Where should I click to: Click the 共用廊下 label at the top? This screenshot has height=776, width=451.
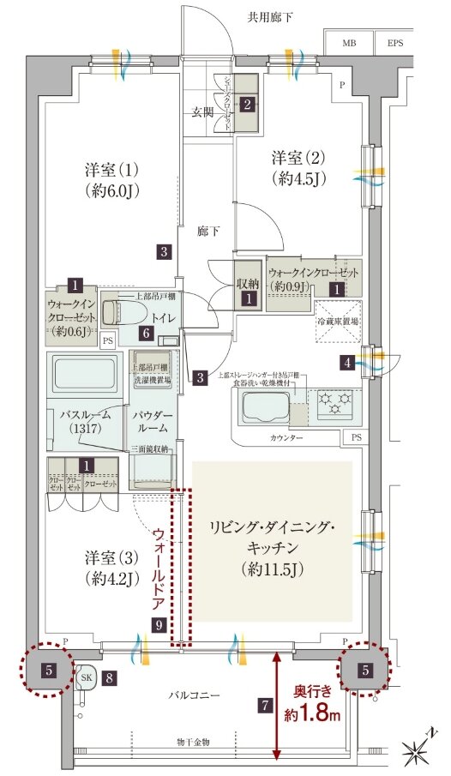tap(270, 16)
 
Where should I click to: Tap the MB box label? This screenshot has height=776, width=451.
tap(351, 41)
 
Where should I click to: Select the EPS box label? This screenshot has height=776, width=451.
tap(394, 41)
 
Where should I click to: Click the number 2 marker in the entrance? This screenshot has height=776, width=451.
tap(247, 105)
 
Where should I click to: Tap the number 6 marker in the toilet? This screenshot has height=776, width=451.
tap(147, 333)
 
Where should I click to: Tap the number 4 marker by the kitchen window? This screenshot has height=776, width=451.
tap(346, 362)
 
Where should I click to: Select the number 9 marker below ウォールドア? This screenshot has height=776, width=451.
tap(159, 626)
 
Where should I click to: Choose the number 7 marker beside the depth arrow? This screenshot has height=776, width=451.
tap(266, 707)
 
